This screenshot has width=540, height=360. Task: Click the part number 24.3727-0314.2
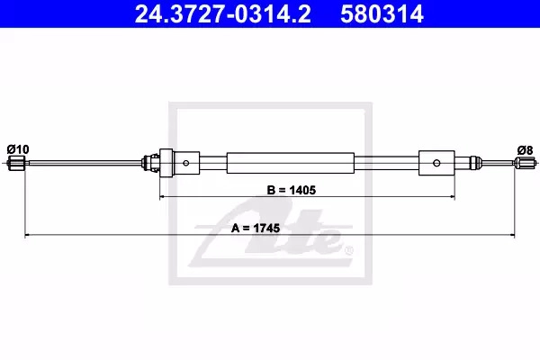click(222, 13)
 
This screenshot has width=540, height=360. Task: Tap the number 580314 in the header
click(382, 13)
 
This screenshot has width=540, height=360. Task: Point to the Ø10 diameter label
click(18, 149)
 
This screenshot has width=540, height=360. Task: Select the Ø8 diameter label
click(525, 150)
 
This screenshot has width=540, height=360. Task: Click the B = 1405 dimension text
click(292, 190)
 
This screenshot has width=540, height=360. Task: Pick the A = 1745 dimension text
click(256, 228)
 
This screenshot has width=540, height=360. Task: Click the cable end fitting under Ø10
click(16, 163)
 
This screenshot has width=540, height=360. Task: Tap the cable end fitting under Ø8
click(526, 162)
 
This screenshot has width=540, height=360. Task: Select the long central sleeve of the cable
click(291, 163)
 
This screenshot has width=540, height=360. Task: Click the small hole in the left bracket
click(186, 163)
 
